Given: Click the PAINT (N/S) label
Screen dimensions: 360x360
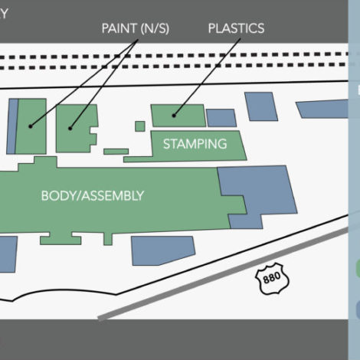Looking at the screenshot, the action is point(136,28).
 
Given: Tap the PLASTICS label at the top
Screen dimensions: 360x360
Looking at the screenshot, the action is point(236,28).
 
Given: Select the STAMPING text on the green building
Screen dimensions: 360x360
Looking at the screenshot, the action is point(195,144).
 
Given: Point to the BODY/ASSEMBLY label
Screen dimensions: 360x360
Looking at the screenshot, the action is point(93,196).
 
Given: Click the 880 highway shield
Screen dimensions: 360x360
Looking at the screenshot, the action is point(272,278).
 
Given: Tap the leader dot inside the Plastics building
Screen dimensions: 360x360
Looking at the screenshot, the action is point(174,116).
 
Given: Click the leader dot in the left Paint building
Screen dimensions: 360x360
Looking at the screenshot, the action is point(31,126).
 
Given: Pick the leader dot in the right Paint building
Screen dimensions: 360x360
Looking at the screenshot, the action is point(70,128).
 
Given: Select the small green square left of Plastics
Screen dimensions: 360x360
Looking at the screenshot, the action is point(140,126).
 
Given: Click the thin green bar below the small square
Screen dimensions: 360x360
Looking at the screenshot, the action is point(116,152).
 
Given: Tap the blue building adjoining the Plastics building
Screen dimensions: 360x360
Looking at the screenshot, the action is point(221,118).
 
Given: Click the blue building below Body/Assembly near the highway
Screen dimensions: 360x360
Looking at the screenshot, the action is point(163,250).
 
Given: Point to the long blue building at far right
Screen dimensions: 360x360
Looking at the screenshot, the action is point(322,109).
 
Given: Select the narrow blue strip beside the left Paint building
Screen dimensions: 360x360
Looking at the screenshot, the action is point(12,126).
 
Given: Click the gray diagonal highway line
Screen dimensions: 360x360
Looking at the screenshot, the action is point(223,273).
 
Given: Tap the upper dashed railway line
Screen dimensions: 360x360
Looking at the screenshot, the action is point(174,55).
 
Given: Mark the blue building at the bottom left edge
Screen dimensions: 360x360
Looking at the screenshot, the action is point(8,254).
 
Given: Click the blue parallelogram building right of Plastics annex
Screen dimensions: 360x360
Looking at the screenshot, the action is point(261,106).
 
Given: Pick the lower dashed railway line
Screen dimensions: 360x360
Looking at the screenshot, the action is point(174,67).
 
